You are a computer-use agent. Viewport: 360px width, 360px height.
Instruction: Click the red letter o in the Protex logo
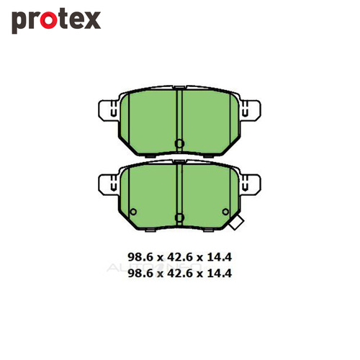(x=48, y=20)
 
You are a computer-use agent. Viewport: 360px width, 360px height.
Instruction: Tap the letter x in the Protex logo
(x=92, y=21)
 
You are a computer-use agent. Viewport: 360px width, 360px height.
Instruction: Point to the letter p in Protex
(x=19, y=23)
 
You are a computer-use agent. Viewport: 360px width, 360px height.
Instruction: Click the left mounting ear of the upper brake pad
(x=108, y=109)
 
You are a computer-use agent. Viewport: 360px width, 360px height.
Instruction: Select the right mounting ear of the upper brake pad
(x=251, y=109)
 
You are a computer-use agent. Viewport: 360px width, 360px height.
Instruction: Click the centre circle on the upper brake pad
(x=179, y=143)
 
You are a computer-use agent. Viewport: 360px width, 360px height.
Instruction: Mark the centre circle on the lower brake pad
(x=179, y=217)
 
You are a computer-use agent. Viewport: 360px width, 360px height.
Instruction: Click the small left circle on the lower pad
(x=133, y=212)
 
